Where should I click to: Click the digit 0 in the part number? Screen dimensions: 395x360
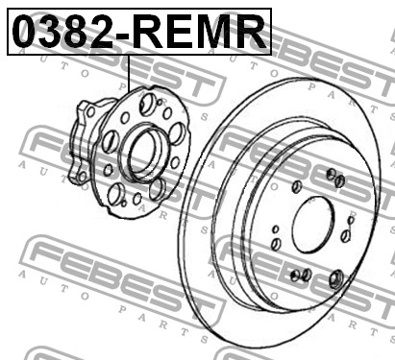(25, 32)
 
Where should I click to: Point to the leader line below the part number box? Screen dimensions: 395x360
(129, 74)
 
